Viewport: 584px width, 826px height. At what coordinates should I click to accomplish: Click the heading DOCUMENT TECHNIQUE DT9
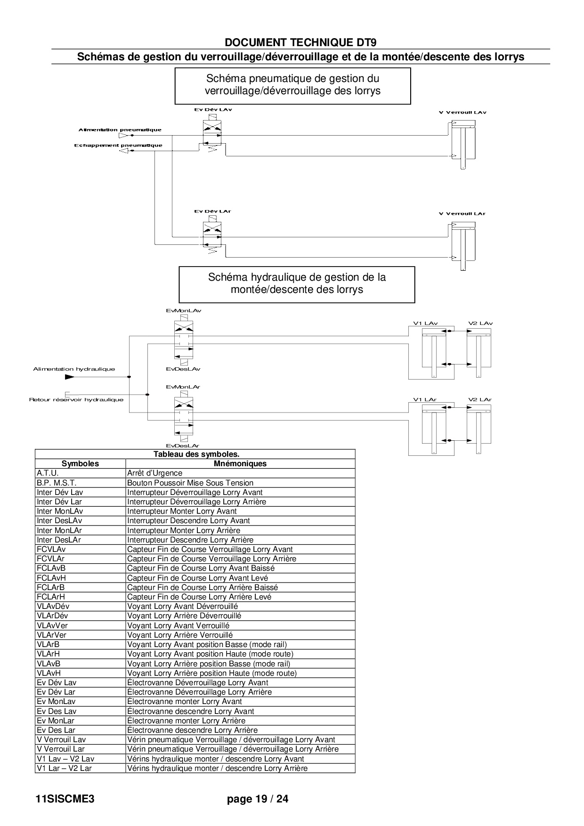300,42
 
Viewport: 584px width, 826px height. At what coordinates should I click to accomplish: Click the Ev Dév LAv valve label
213,110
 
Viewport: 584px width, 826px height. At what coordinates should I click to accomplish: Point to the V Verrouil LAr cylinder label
462,214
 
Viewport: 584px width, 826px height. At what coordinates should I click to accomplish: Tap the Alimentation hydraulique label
74,369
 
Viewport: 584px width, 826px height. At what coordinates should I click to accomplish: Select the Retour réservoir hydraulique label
76,400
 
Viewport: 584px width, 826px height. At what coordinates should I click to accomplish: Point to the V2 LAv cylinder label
480,324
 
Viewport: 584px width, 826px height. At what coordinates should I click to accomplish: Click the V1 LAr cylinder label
425,400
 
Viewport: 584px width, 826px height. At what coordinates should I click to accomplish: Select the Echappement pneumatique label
118,146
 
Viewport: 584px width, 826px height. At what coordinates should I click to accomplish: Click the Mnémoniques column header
240,464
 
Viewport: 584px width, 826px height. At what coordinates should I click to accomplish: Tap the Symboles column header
81,464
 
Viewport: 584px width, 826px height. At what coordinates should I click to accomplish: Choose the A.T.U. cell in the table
48,473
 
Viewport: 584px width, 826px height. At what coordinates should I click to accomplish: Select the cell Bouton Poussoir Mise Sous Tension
190,483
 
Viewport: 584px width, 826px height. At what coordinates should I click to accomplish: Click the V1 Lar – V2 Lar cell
64,769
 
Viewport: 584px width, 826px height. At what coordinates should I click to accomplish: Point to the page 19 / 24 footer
258,799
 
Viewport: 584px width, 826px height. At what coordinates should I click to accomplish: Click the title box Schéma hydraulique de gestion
297,284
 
